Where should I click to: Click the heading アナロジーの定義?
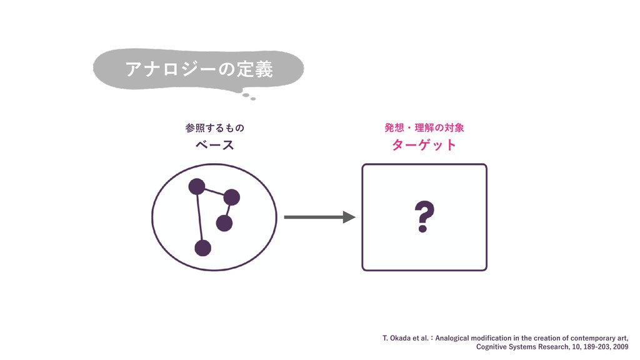199,69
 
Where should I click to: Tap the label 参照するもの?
214,128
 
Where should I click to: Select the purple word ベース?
214,146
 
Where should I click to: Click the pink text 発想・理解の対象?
424,128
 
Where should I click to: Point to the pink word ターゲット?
424,146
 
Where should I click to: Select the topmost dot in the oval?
197,186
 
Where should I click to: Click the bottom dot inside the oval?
202,247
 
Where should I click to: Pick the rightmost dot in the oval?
232,197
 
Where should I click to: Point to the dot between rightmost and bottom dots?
224,222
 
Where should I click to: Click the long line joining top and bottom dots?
199,217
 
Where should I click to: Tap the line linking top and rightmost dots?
214,191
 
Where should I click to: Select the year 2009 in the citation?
621,346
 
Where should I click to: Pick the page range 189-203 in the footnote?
591,346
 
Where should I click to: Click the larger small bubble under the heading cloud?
246,96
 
